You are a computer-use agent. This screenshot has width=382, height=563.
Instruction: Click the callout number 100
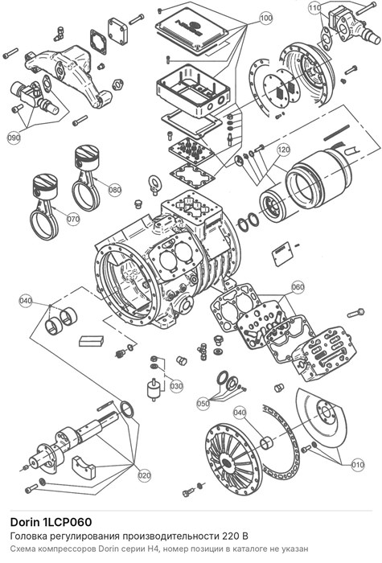tap(265, 18)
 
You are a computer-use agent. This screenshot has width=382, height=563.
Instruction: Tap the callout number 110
tap(315, 7)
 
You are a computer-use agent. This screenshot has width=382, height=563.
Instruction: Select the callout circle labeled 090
tap(14, 138)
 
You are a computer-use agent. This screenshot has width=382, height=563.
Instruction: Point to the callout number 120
tap(284, 150)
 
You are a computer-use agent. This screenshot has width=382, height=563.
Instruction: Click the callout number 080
tap(115, 190)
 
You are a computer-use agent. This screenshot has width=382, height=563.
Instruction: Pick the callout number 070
tap(73, 218)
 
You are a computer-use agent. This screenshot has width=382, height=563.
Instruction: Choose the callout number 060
tap(298, 287)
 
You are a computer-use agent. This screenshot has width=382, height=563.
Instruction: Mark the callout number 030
tap(176, 386)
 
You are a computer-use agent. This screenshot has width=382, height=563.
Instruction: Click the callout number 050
tap(203, 403)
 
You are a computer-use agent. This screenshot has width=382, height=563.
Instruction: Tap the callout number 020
tap(144, 476)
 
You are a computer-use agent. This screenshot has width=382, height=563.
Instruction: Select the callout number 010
tap(358, 465)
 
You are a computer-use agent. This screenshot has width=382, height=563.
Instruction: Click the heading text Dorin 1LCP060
tap(51, 522)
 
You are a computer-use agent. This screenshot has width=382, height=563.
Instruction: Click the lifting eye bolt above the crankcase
tap(154, 184)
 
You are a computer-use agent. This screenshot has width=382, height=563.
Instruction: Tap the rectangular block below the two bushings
tap(91, 341)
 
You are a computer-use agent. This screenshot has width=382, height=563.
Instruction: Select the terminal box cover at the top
tap(192, 31)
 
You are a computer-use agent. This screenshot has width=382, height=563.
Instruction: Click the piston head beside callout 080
tap(87, 155)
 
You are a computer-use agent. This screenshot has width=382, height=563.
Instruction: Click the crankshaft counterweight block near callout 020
tap(84, 466)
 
